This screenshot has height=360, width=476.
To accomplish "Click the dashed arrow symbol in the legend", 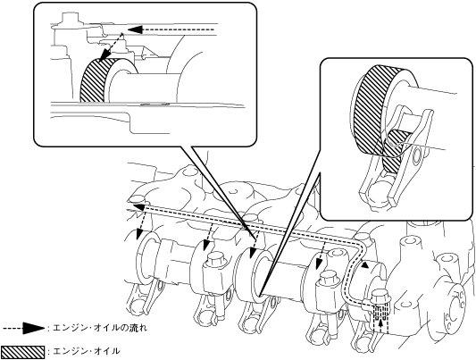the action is [24, 329].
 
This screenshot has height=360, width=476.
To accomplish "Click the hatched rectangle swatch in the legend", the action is [22, 351].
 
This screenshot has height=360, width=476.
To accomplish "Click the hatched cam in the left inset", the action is [94, 80].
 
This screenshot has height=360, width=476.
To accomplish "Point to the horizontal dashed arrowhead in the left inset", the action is [136, 29].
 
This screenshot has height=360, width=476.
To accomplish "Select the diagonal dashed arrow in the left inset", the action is [112, 47].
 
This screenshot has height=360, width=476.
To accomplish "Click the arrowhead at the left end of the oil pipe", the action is [138, 207].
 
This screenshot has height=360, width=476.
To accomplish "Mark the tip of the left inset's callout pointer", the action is [255, 239].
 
